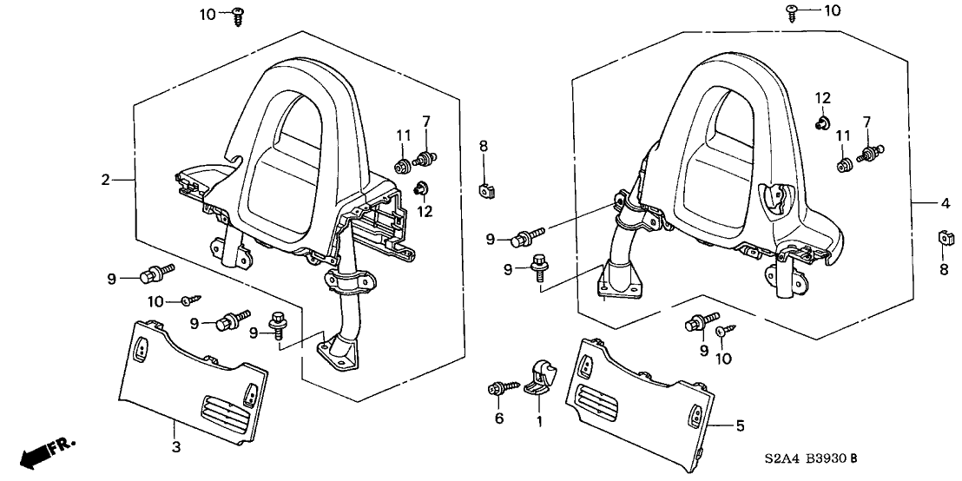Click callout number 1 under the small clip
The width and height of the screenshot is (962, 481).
point(538,422)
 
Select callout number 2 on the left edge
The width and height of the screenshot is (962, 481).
point(106,180)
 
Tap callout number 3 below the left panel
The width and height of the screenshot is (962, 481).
point(175,446)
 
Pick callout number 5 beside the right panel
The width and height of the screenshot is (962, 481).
point(741,425)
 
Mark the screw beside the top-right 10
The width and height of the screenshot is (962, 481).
point(793,10)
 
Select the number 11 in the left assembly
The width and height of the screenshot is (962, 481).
point(403,135)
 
